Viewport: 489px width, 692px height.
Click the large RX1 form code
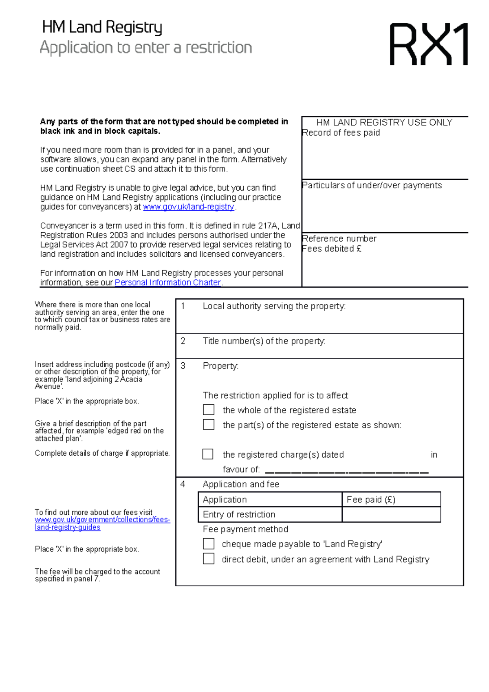click(x=429, y=44)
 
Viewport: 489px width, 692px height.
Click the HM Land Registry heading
click(x=102, y=27)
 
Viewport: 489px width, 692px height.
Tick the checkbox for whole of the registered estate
click(x=209, y=410)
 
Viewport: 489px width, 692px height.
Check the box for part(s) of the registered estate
click(x=209, y=425)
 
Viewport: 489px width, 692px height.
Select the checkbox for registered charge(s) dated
click(x=208, y=454)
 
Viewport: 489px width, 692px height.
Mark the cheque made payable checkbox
click(x=209, y=544)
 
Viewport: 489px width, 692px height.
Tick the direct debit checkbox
click(x=209, y=559)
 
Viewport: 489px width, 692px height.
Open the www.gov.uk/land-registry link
click(x=188, y=207)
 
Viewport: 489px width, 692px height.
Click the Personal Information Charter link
click(x=167, y=282)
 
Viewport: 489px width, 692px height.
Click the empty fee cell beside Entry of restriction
click(x=391, y=514)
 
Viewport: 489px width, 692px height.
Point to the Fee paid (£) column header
click(x=371, y=500)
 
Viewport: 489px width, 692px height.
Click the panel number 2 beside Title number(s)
click(x=183, y=341)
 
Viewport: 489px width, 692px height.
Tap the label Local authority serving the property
click(x=274, y=306)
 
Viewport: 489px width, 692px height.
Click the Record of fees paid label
click(x=341, y=133)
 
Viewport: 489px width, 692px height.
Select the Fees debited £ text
click(x=332, y=249)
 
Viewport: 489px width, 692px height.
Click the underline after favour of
click(x=346, y=472)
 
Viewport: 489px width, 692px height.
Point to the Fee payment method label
click(x=245, y=529)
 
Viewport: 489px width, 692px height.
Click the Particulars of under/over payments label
click(x=372, y=185)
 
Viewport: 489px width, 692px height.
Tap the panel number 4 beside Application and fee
click(x=183, y=484)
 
